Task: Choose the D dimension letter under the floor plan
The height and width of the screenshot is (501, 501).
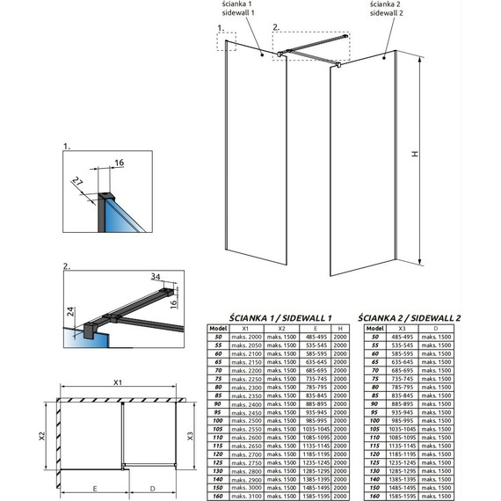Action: (x=152, y=488)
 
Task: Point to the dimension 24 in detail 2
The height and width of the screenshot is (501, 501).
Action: (x=69, y=310)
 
